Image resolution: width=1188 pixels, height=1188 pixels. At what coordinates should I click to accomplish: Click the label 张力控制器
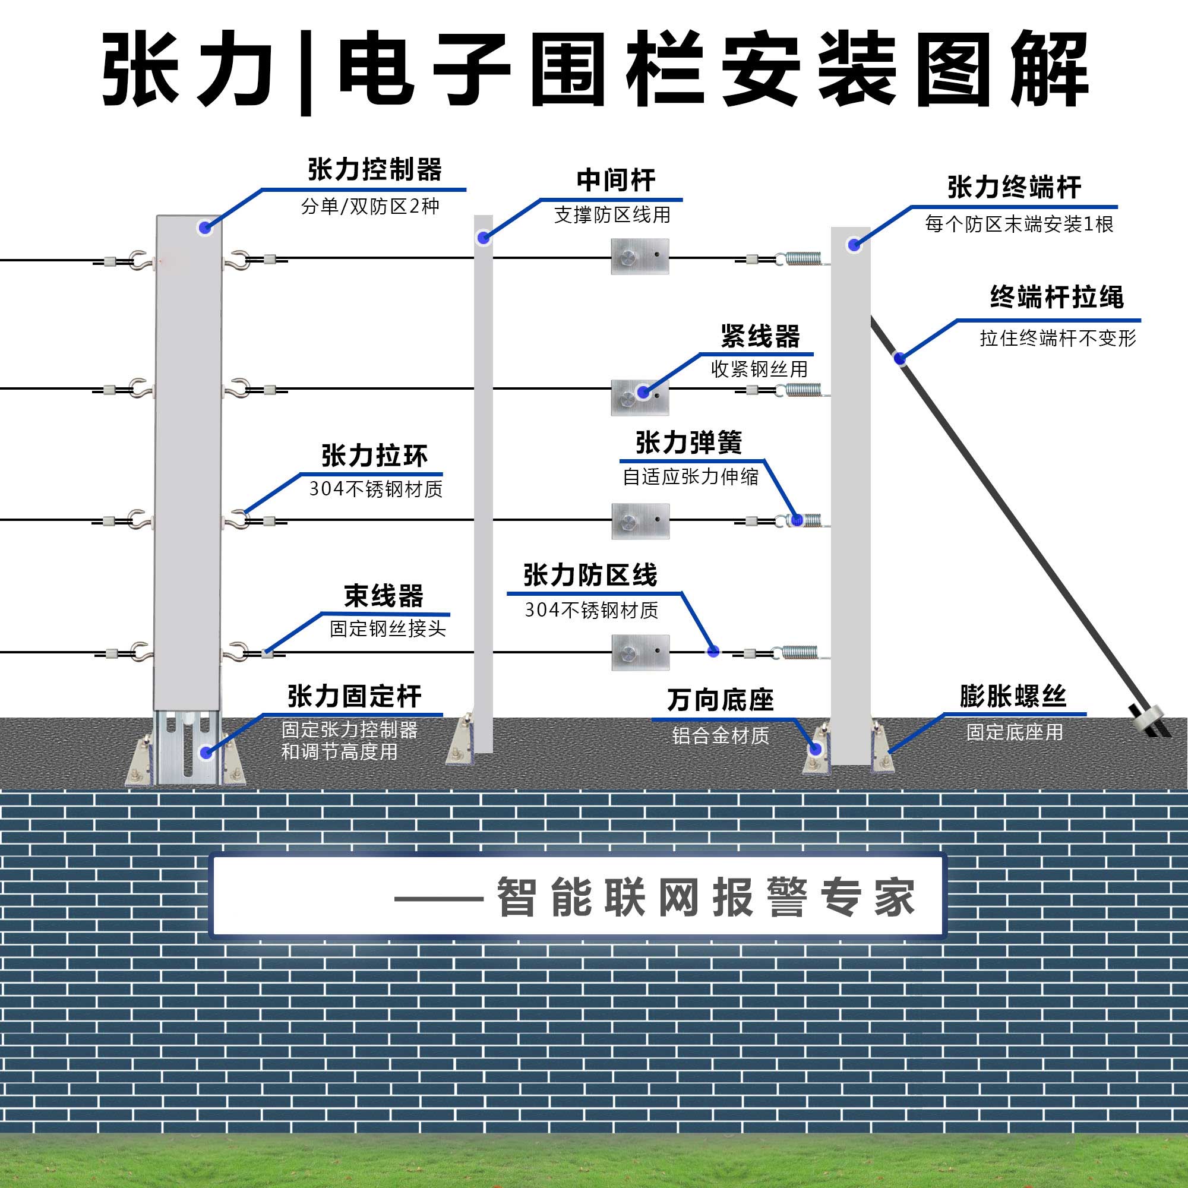(374, 170)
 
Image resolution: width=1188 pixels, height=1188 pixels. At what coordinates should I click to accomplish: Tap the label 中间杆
(615, 180)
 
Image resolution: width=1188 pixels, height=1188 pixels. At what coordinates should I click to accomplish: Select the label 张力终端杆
(1014, 187)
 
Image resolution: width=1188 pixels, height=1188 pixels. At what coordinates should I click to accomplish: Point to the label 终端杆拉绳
(1056, 298)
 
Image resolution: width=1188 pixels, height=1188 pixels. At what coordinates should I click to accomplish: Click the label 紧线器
(760, 336)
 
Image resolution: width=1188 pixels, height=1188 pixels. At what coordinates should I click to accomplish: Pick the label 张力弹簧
(688, 443)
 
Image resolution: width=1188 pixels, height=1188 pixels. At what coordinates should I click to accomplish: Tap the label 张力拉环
(374, 456)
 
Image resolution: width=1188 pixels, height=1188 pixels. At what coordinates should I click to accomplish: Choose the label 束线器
(384, 596)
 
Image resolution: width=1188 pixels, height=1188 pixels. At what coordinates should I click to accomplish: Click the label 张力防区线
(590, 576)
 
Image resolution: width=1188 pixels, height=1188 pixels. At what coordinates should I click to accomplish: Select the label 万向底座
(720, 700)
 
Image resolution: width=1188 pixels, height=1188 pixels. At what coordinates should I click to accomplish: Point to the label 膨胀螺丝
(1013, 696)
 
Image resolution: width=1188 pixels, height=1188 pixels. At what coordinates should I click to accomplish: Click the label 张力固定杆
(354, 696)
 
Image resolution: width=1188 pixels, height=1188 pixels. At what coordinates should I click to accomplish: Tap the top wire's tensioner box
(640, 257)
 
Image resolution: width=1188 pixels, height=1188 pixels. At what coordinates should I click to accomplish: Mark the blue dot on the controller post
(205, 228)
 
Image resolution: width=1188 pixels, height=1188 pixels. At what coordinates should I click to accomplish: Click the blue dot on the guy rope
(899, 357)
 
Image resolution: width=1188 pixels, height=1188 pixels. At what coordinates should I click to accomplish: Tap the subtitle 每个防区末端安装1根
(1019, 225)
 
